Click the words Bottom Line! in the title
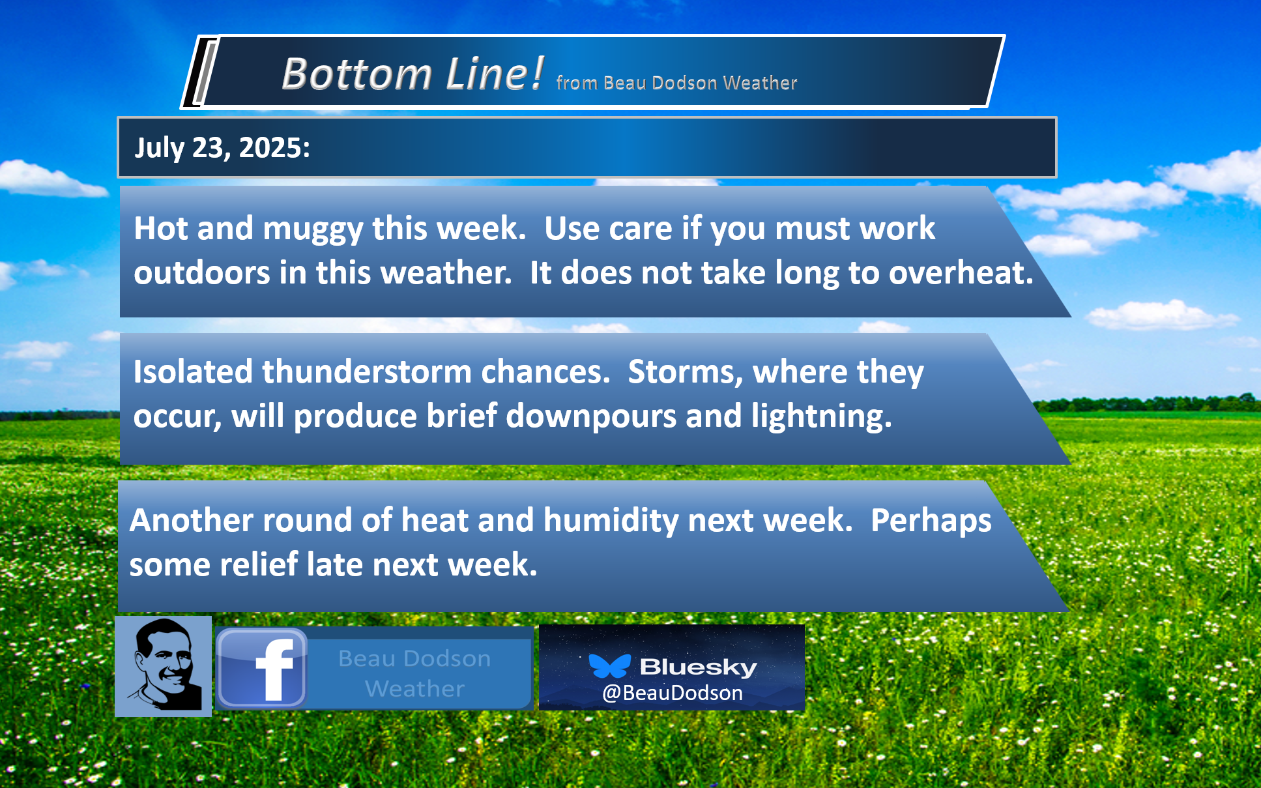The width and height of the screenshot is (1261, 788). click(x=413, y=73)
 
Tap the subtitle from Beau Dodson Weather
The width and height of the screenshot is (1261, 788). click(x=676, y=83)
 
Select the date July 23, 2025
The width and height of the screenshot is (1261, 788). click(x=222, y=148)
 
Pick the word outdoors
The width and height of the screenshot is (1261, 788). click(x=202, y=272)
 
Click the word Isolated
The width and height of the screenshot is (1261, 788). click(x=193, y=372)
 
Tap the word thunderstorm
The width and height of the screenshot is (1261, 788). click(x=367, y=372)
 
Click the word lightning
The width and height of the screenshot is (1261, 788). click(x=822, y=416)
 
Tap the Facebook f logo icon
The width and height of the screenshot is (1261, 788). click(x=261, y=668)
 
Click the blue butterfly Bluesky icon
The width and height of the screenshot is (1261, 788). click(x=610, y=665)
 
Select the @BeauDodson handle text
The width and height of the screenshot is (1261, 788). click(x=673, y=693)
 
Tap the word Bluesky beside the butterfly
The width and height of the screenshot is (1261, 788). click(x=698, y=667)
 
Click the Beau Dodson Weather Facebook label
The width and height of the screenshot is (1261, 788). click(x=414, y=673)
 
